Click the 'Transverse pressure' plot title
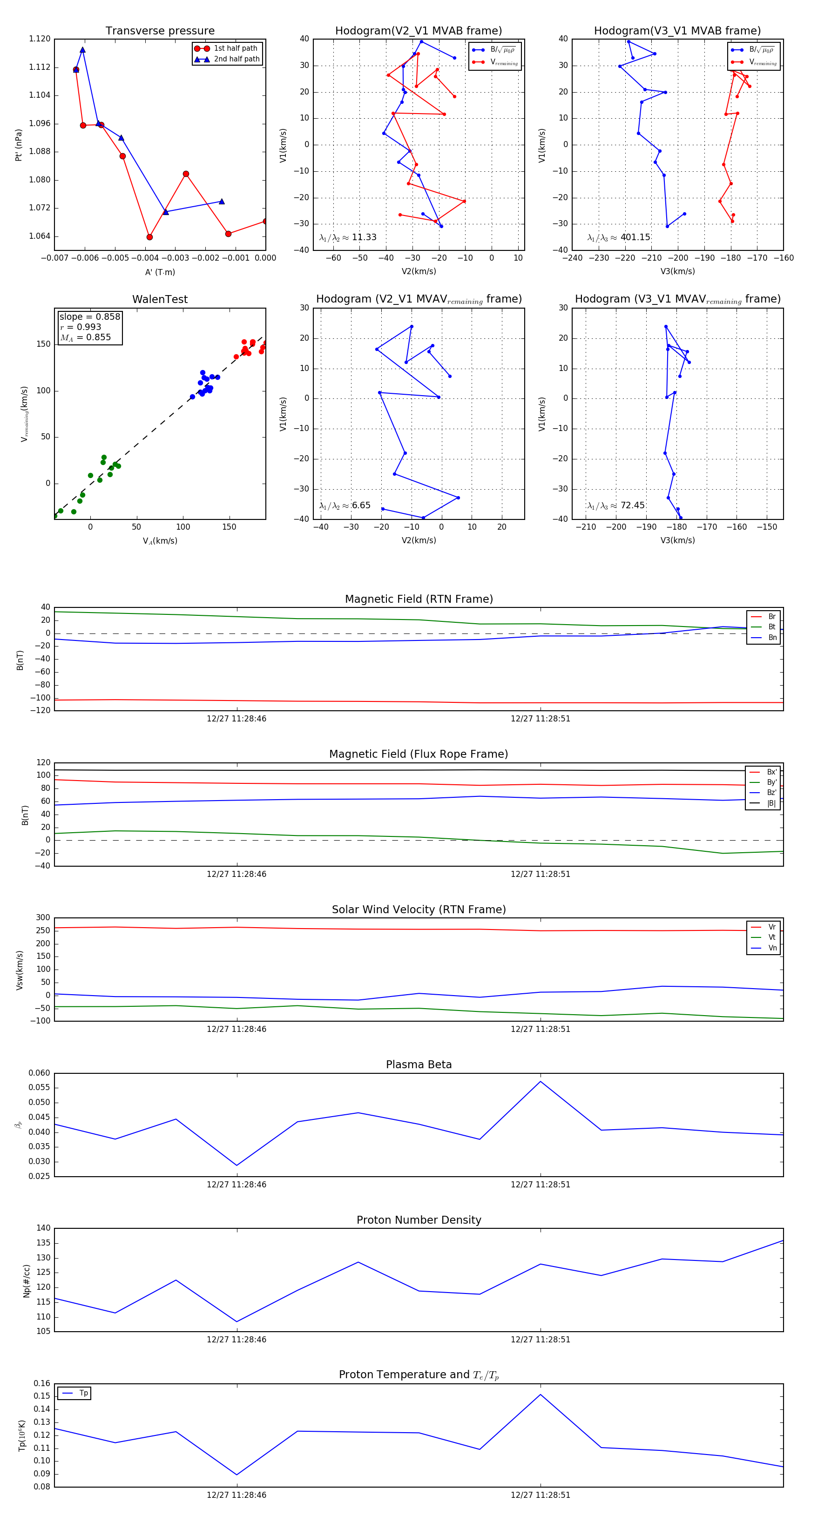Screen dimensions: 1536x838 pyautogui.click(x=160, y=31)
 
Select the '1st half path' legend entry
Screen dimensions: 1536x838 pyautogui.click(x=235, y=48)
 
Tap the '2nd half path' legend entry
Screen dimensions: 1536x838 pyautogui.click(x=236, y=59)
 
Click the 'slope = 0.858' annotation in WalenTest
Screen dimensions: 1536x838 pyautogui.click(x=89, y=317)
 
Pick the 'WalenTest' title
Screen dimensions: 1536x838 pyautogui.click(x=160, y=299)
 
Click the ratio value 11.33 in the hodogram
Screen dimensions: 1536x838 pyautogui.click(x=364, y=237)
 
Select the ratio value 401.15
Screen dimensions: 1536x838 pyautogui.click(x=635, y=237)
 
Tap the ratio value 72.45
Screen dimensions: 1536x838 pyautogui.click(x=632, y=505)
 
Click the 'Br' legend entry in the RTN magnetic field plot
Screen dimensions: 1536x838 pyautogui.click(x=771, y=617)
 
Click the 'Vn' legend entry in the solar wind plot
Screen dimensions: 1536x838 pyautogui.click(x=772, y=948)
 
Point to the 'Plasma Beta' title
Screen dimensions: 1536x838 pyautogui.click(x=419, y=1065)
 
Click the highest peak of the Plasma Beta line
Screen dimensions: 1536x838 pyautogui.click(x=541, y=1082)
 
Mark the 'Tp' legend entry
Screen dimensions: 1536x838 pyautogui.click(x=83, y=1393)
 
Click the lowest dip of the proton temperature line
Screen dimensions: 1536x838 pyautogui.click(x=237, y=1475)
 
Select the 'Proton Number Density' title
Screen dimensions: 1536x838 pyautogui.click(x=419, y=1220)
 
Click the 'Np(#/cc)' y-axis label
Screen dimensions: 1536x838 pyautogui.click(x=26, y=1281)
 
